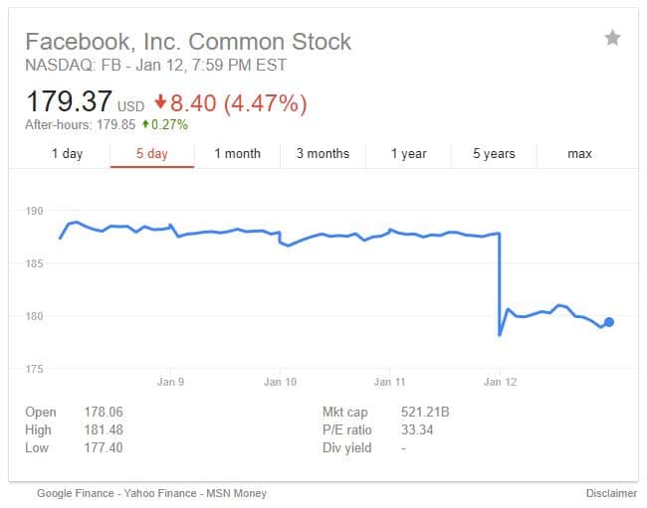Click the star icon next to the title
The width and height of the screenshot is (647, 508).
tap(612, 38)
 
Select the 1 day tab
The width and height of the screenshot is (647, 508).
tap(67, 154)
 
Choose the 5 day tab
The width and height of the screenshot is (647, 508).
tap(152, 154)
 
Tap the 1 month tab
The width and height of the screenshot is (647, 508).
tap(237, 154)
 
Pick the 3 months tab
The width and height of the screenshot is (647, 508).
tap(323, 154)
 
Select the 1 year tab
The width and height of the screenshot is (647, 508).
tap(408, 154)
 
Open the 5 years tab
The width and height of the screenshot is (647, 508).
tap(494, 154)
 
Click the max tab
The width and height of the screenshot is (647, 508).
tap(579, 154)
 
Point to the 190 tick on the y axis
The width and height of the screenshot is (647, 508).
tap(35, 211)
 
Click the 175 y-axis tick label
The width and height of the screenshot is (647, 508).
tap(35, 369)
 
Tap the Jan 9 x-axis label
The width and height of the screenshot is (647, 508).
tap(171, 382)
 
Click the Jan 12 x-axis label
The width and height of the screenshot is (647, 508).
tap(500, 382)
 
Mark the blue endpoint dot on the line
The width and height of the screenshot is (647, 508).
tap(609, 321)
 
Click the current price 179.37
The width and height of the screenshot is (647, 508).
tap(69, 101)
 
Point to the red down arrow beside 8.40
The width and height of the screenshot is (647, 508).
tap(160, 102)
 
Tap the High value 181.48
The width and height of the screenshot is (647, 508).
tap(104, 429)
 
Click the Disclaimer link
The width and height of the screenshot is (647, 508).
tap(611, 493)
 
